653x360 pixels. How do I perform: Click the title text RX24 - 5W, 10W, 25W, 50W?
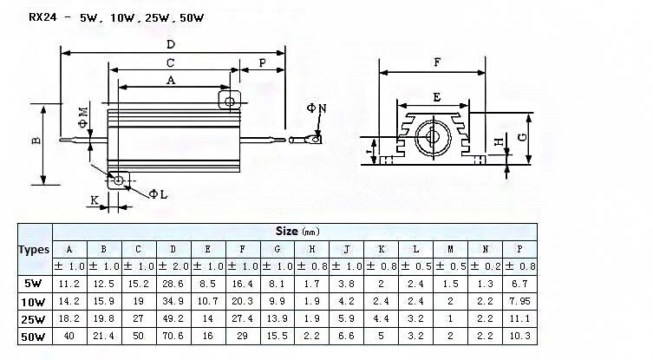pyautogui.click(x=116, y=17)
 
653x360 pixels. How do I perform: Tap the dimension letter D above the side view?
pyautogui.click(x=171, y=44)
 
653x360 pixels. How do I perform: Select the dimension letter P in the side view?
pyautogui.click(x=263, y=63)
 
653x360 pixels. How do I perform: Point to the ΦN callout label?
pyautogui.click(x=317, y=108)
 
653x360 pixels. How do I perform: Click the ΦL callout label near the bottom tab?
pyautogui.click(x=158, y=194)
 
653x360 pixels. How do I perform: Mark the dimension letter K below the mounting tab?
pyautogui.click(x=95, y=200)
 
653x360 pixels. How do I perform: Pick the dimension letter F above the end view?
pyautogui.click(x=437, y=62)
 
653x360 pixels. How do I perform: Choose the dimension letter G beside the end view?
pyautogui.click(x=522, y=137)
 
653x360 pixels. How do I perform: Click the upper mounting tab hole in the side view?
pyautogui.click(x=230, y=101)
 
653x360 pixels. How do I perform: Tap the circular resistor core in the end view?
pyautogui.click(x=433, y=137)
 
